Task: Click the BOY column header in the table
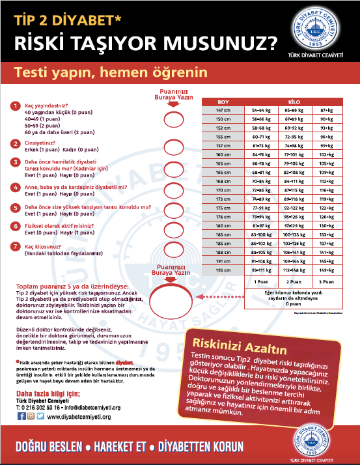[223, 103]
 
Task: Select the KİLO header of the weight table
[293, 103]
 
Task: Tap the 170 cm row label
[223, 189]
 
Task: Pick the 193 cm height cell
[223, 270]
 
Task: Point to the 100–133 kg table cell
[293, 234]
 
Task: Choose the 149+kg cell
[325, 270]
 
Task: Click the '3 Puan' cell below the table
[325, 282]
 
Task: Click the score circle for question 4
[173, 191]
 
